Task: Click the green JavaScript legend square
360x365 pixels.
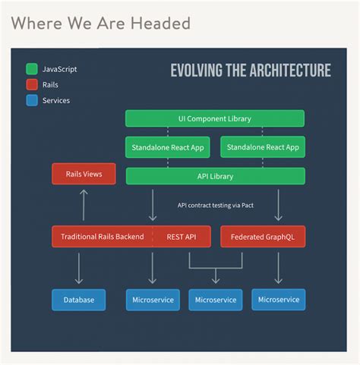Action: click(x=32, y=69)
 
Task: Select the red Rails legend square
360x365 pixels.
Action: click(x=32, y=85)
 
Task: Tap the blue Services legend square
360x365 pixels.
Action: click(x=32, y=100)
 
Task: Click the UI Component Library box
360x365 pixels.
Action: click(x=215, y=118)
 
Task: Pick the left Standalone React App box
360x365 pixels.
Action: click(x=168, y=147)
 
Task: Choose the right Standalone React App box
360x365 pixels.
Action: click(x=263, y=147)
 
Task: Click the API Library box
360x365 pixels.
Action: click(x=215, y=176)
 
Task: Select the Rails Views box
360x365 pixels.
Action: click(x=84, y=175)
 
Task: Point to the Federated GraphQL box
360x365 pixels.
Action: click(x=263, y=237)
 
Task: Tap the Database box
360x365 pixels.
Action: click(x=79, y=300)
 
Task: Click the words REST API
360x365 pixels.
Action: click(x=182, y=237)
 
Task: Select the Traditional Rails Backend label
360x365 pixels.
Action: click(x=102, y=237)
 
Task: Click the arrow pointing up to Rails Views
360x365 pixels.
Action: click(x=84, y=204)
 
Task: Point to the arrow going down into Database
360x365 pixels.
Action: click(x=79, y=268)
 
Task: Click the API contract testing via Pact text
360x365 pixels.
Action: click(x=216, y=205)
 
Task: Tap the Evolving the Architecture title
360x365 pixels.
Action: click(x=251, y=71)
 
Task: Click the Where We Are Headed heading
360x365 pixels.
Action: click(x=101, y=24)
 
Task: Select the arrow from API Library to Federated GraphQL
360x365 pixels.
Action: click(x=279, y=204)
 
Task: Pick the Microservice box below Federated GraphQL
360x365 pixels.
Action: click(x=279, y=300)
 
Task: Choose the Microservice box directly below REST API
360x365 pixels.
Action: click(x=153, y=300)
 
